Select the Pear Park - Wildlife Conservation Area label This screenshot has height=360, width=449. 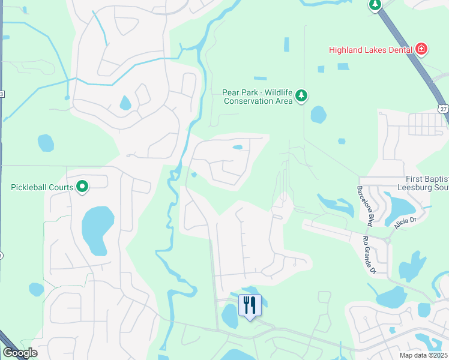pyautogui.click(x=258, y=97)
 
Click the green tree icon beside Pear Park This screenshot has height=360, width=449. pyautogui.click(x=301, y=95)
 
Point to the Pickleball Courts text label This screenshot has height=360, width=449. pyautogui.click(x=42, y=187)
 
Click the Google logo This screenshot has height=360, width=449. pyautogui.click(x=20, y=353)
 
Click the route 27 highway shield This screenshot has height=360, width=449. pyautogui.click(x=442, y=108)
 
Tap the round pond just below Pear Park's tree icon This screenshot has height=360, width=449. pyautogui.click(x=318, y=114)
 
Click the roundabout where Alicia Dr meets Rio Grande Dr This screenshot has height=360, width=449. pyautogui.click(x=387, y=241)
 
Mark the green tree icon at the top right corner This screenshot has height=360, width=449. pyautogui.click(x=375, y=5)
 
